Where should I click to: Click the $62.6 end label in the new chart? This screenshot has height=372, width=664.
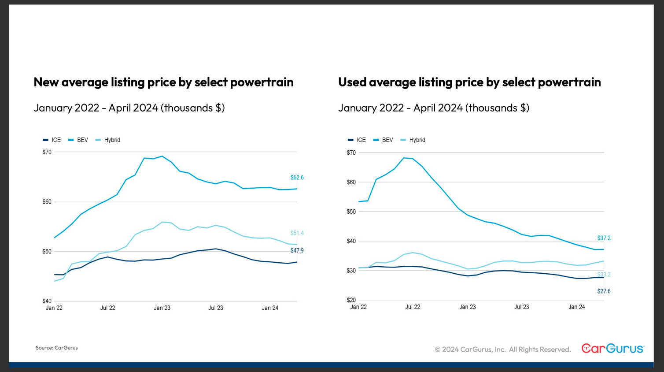click(297, 178)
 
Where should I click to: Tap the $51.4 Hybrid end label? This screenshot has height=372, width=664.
click(297, 233)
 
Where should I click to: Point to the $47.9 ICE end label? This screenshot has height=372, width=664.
click(297, 251)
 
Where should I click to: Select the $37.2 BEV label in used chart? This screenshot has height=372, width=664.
click(604, 238)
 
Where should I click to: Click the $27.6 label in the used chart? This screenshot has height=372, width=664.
click(604, 291)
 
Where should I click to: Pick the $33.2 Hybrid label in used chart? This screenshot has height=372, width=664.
click(604, 275)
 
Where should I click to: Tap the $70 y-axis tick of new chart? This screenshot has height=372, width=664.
click(47, 153)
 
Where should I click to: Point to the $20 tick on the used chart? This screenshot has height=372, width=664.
click(351, 300)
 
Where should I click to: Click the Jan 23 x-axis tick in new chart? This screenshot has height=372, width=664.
click(162, 308)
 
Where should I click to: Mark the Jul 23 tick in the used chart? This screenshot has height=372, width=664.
click(522, 307)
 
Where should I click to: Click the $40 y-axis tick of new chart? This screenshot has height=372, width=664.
click(47, 301)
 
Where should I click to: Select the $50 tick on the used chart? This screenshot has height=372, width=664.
click(351, 212)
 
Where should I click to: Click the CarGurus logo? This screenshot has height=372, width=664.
click(612, 349)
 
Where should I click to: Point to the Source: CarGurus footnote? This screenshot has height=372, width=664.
click(57, 348)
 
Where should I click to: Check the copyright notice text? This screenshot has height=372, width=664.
click(502, 350)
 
